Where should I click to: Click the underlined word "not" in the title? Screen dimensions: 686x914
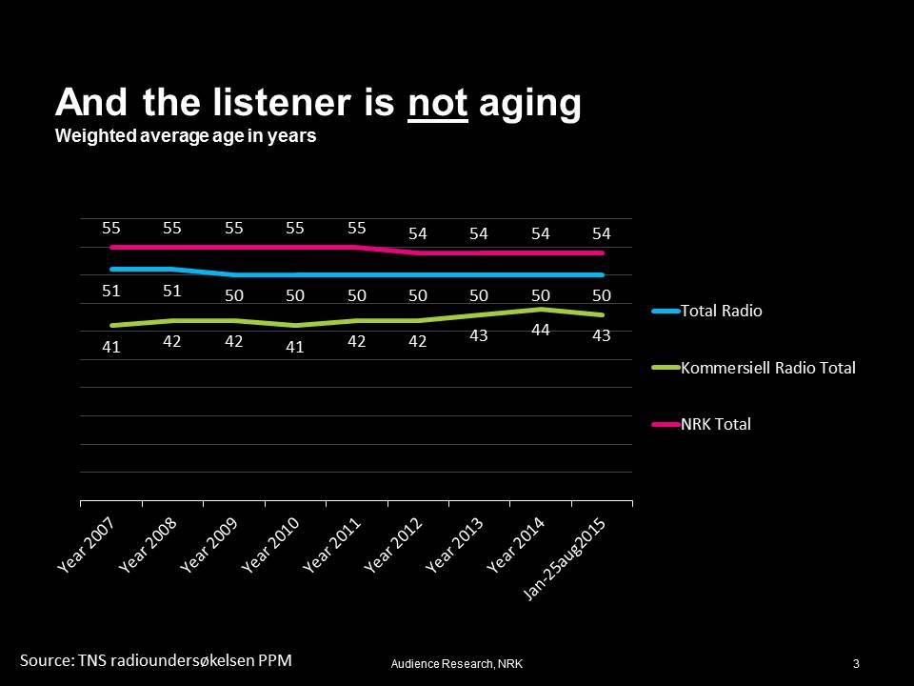pyautogui.click(x=438, y=104)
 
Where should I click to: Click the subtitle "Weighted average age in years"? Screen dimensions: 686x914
pyautogui.click(x=186, y=136)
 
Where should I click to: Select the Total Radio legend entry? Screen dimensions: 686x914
pyautogui.click(x=721, y=311)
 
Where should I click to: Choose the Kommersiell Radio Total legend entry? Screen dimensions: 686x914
pyautogui.click(x=767, y=368)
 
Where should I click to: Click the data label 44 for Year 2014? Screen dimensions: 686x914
pyautogui.click(x=541, y=330)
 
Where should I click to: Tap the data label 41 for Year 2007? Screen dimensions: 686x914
pyautogui.click(x=111, y=348)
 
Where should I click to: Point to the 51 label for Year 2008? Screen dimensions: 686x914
pyautogui.click(x=172, y=291)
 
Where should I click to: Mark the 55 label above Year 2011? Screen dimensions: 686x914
pyautogui.click(x=356, y=229)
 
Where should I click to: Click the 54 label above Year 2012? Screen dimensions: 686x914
pyautogui.click(x=418, y=233)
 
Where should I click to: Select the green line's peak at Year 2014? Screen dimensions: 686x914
pyautogui.click(x=541, y=310)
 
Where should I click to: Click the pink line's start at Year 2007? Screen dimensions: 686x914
pyautogui.click(x=112, y=247)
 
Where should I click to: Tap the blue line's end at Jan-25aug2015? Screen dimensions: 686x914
pyautogui.click(x=602, y=275)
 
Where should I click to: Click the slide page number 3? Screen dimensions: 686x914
pyautogui.click(x=857, y=663)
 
